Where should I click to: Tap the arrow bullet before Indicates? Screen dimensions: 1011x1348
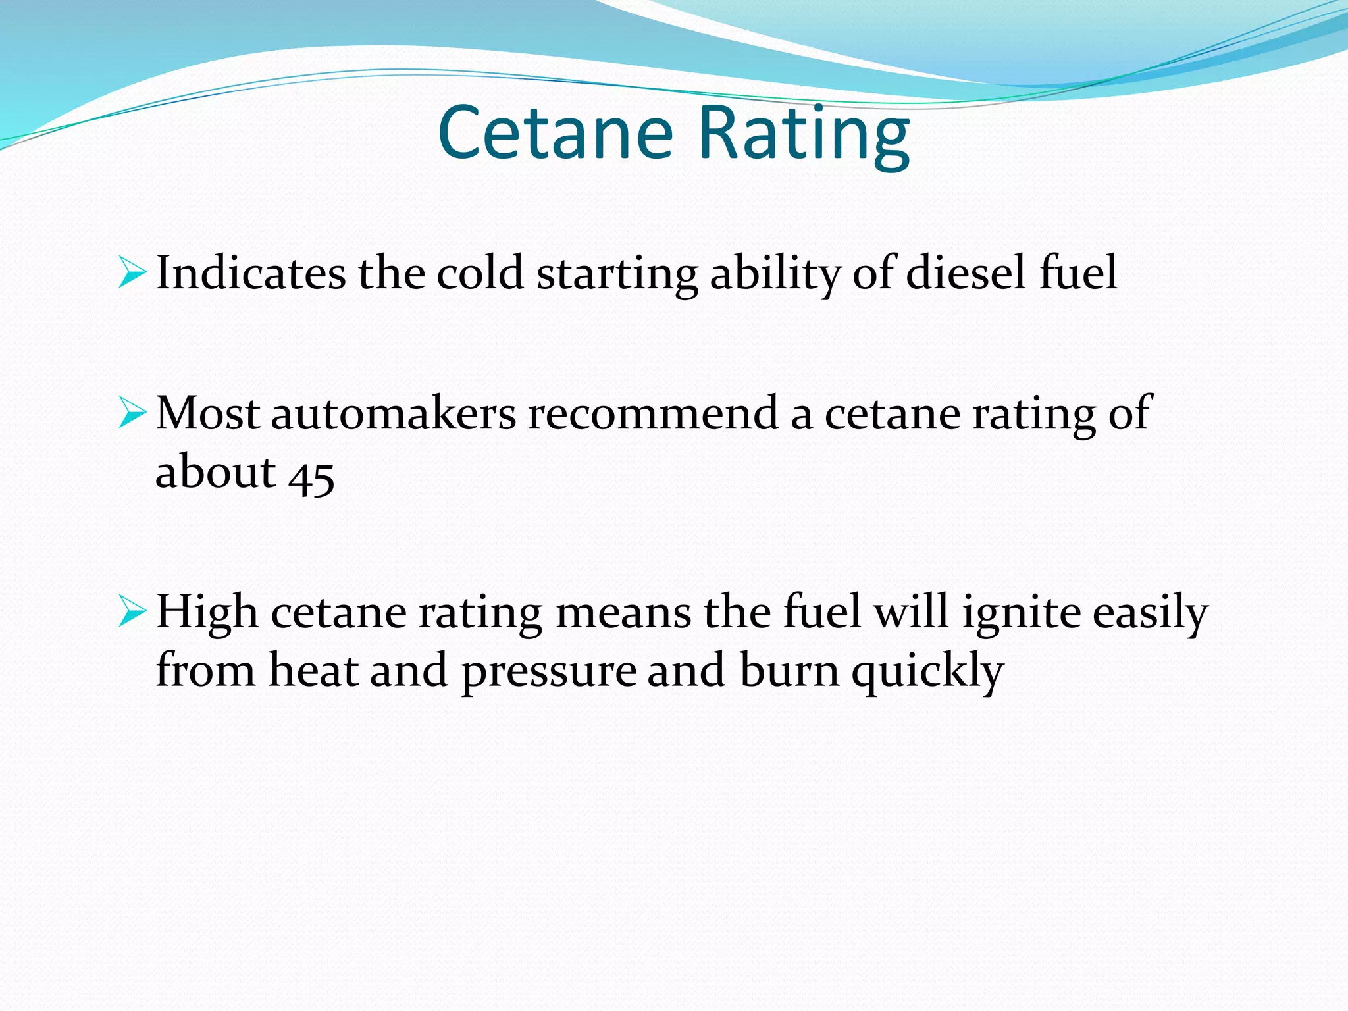(x=132, y=273)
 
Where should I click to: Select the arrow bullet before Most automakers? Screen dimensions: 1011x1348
(x=132, y=413)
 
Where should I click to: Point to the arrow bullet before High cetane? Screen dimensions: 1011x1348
(x=132, y=612)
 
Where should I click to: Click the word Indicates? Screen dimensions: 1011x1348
(x=251, y=273)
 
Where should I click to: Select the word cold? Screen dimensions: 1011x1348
(x=480, y=273)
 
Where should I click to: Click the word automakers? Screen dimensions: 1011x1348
(x=393, y=413)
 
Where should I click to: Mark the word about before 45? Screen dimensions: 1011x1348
(x=215, y=473)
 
